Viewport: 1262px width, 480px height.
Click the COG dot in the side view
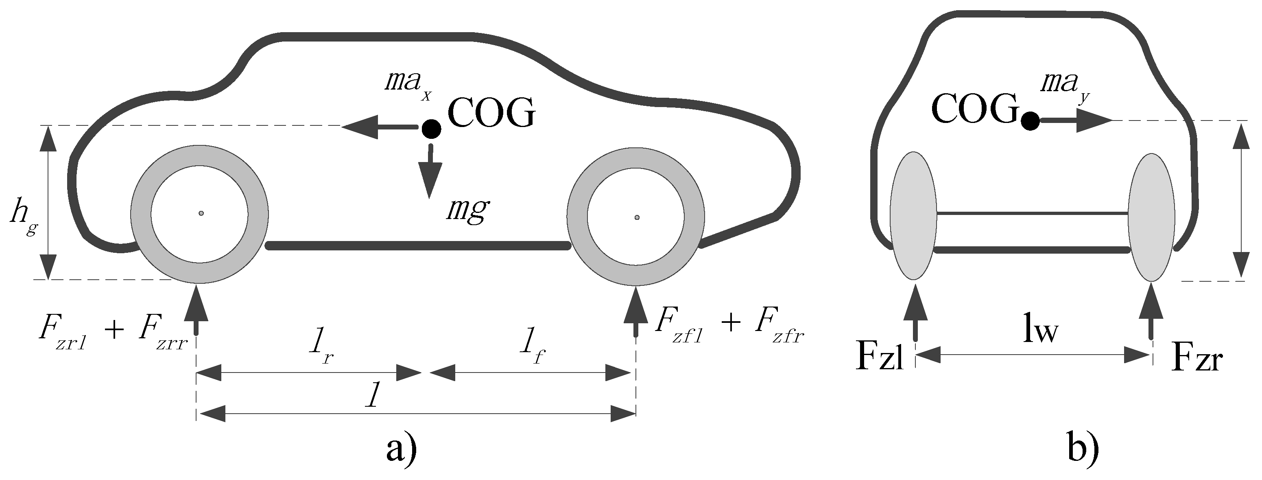(x=431, y=129)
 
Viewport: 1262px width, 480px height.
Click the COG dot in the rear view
(x=1030, y=121)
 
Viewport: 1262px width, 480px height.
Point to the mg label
(x=467, y=210)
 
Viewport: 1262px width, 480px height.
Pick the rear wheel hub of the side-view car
(x=201, y=213)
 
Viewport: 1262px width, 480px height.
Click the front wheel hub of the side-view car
(x=636, y=217)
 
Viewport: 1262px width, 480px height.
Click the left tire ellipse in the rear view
(x=914, y=216)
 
